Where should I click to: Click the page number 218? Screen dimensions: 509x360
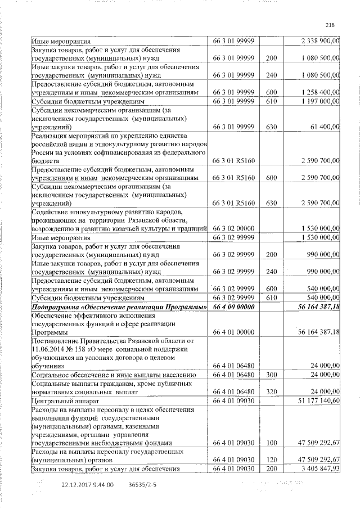330,24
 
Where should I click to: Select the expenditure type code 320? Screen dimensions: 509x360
272,392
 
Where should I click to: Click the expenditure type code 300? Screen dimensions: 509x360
272,375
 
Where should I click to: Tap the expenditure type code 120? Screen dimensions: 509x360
272,460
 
